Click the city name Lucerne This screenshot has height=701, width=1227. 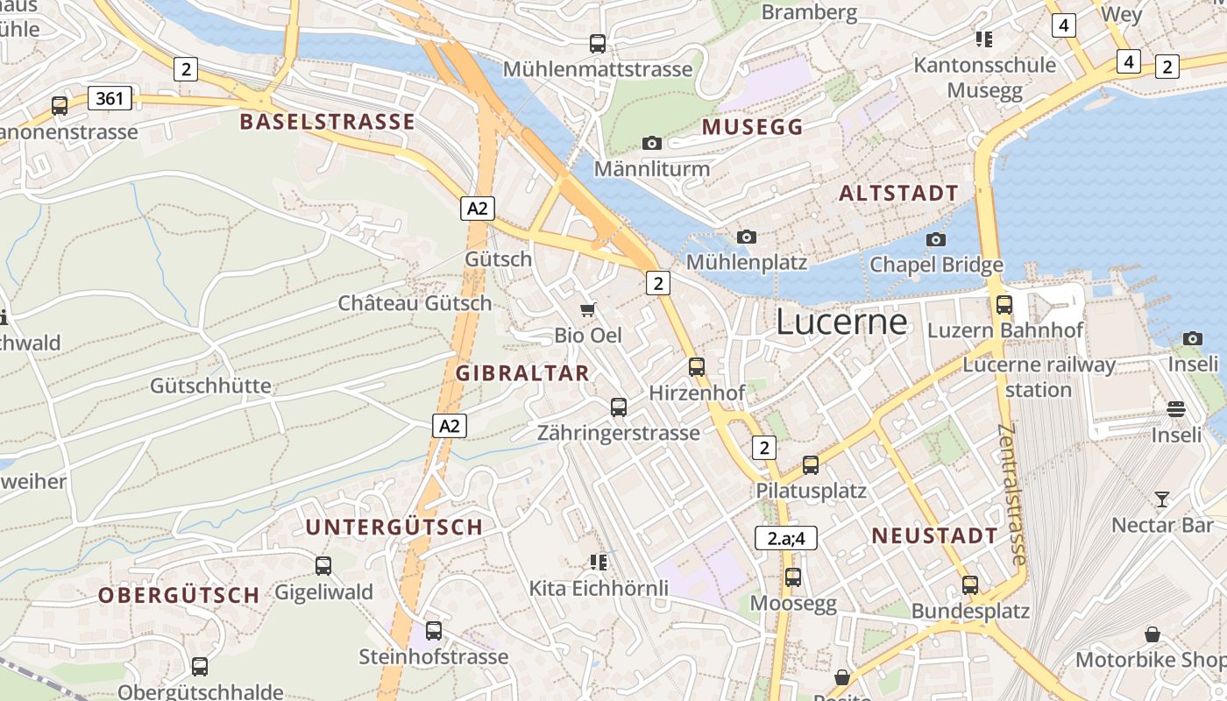pyautogui.click(x=841, y=322)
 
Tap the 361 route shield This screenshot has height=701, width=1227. pyautogui.click(x=110, y=98)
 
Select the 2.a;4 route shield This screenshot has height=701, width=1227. pyautogui.click(x=786, y=538)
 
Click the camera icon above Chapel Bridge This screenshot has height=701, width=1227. pyautogui.click(x=936, y=239)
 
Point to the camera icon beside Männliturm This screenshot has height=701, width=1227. pyautogui.click(x=652, y=143)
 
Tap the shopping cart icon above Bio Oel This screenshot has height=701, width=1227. pyautogui.click(x=588, y=309)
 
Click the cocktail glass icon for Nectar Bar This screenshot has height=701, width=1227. pyautogui.click(x=1162, y=499)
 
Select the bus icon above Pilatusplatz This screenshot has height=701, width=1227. pyautogui.click(x=811, y=465)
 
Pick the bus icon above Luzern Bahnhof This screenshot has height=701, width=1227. pyautogui.click(x=1004, y=305)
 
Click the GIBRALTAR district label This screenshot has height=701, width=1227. pyautogui.click(x=522, y=373)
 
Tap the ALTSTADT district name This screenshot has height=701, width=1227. pyautogui.click(x=898, y=194)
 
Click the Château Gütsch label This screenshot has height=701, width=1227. pyautogui.click(x=415, y=304)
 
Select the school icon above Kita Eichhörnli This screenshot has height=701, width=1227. pyautogui.click(x=599, y=562)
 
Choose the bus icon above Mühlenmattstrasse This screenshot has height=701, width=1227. pyautogui.click(x=598, y=44)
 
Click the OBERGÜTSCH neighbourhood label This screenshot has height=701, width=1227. pyautogui.click(x=179, y=596)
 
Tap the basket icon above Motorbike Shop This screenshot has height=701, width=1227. pyautogui.click(x=1153, y=634)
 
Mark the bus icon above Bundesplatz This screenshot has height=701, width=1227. pyautogui.click(x=970, y=585)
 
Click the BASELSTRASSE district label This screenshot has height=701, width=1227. pyautogui.click(x=327, y=122)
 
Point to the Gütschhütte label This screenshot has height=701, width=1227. pyautogui.click(x=210, y=386)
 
